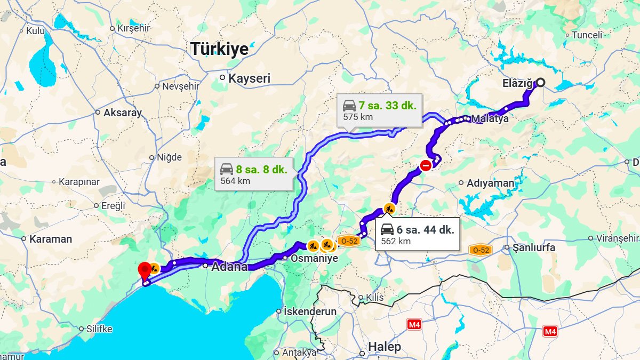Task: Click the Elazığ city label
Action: point(517,83)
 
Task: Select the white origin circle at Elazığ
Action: point(540,82)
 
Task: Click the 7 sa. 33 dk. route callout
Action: point(380,110)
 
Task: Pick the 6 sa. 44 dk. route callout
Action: point(418,234)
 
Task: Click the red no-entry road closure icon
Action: point(426,166)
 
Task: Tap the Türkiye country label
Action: point(220,49)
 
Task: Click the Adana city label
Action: point(229,267)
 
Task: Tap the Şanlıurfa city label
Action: point(533,247)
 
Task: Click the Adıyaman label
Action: point(490,183)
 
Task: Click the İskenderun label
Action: point(310,311)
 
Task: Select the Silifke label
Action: point(99,329)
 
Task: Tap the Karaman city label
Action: point(50,239)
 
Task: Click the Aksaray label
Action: point(123,113)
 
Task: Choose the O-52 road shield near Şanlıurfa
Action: point(479,250)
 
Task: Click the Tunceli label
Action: point(587,35)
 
